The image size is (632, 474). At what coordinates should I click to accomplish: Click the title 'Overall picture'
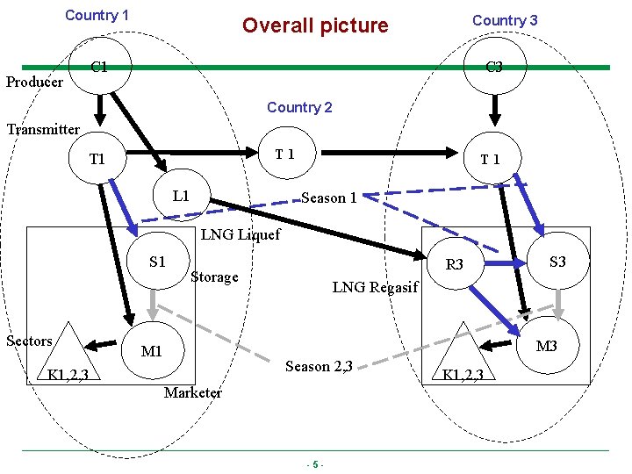pos(315,25)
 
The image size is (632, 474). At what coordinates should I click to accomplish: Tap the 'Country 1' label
pos(97,15)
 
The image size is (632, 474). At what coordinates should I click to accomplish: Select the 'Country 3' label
pos(505,19)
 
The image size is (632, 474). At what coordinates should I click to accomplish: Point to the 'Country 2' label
pos(299,107)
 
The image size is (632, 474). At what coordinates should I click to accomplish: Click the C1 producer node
pos(99,68)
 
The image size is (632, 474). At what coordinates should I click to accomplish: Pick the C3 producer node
pos(494,68)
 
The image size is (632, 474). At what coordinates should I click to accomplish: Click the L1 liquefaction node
pos(181,195)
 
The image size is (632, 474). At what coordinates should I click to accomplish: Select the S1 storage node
pos(157,261)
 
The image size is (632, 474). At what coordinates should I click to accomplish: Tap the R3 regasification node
pos(454,264)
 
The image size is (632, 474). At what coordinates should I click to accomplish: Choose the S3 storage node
pos(557,261)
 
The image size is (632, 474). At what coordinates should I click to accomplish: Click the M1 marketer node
pos(152,352)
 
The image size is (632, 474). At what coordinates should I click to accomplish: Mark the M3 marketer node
pos(546,347)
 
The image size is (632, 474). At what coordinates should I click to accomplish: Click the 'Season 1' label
pos(328,198)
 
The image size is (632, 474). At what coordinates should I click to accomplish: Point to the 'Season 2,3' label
pos(319,366)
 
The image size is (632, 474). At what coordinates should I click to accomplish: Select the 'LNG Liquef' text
pos(241,234)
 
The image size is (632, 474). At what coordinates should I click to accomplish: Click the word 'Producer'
pos(34,83)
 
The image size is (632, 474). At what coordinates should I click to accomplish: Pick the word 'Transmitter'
pos(43,130)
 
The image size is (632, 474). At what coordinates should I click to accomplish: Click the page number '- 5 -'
pos(315,464)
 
